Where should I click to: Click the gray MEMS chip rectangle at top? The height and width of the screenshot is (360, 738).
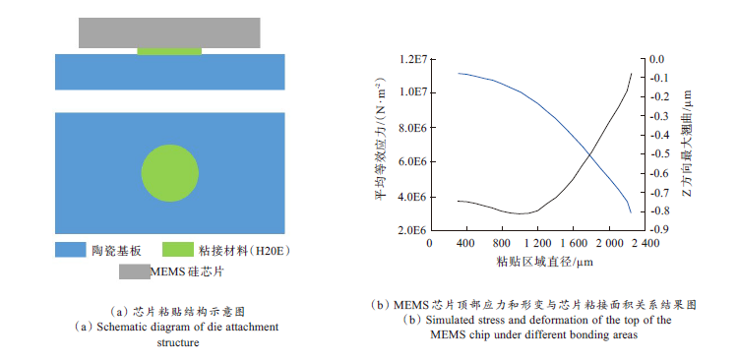coord(169,31)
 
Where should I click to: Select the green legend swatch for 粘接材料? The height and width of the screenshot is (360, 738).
coord(176,250)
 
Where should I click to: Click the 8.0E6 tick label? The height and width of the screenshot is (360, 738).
coord(409,128)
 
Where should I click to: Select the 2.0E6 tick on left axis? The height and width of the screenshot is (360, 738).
coord(409,230)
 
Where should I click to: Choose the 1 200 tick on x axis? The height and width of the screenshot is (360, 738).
coord(536,242)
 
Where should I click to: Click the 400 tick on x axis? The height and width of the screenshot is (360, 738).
coord(464,242)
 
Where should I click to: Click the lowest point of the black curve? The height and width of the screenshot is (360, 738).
coord(522,213)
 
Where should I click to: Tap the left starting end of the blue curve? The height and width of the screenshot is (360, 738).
coord(459,73)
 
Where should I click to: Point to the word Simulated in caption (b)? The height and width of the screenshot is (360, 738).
coord(462,321)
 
